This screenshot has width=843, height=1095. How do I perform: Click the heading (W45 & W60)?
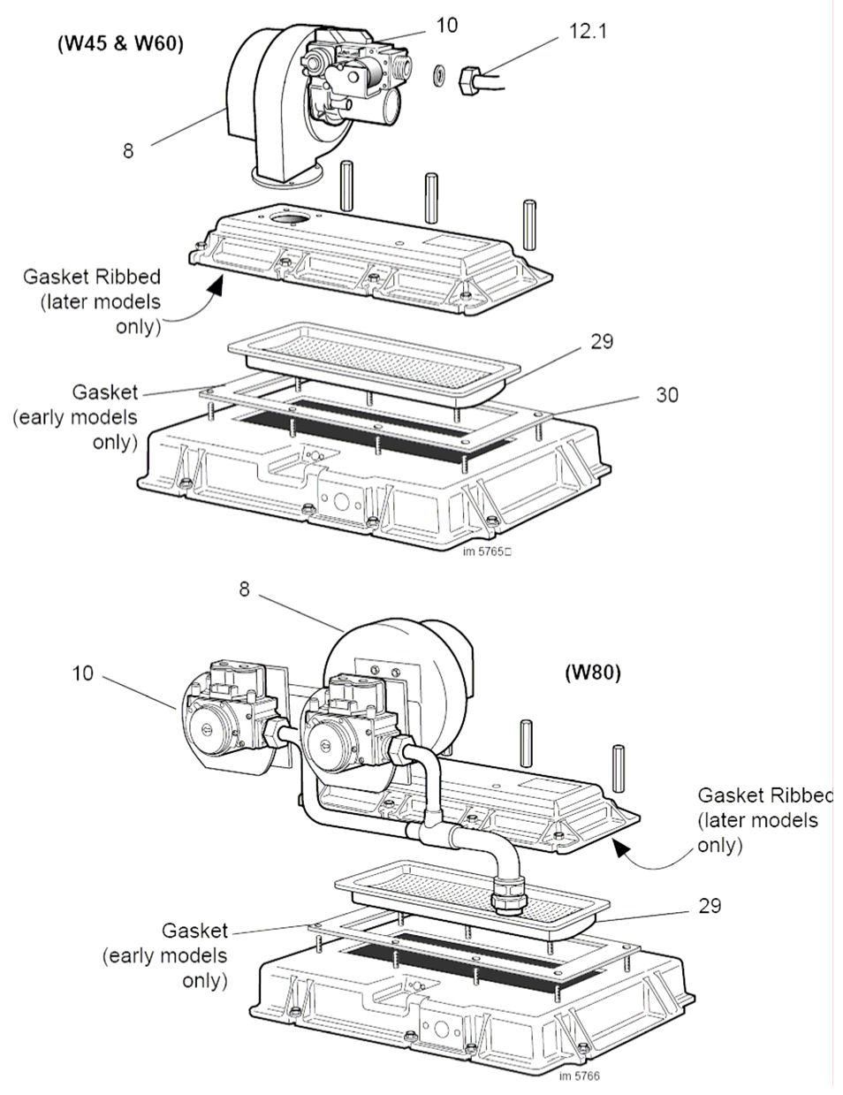(115, 43)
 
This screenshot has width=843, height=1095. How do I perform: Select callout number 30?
(667, 394)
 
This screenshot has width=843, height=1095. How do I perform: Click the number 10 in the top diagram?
(447, 25)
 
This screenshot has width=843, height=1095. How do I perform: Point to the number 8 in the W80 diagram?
(245, 589)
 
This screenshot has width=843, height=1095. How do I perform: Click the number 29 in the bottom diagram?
(709, 906)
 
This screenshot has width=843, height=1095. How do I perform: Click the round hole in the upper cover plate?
(289, 217)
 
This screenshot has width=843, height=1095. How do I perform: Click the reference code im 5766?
(579, 1075)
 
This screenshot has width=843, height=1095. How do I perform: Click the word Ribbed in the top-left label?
(127, 278)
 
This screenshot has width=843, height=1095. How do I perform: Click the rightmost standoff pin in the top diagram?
(528, 225)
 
